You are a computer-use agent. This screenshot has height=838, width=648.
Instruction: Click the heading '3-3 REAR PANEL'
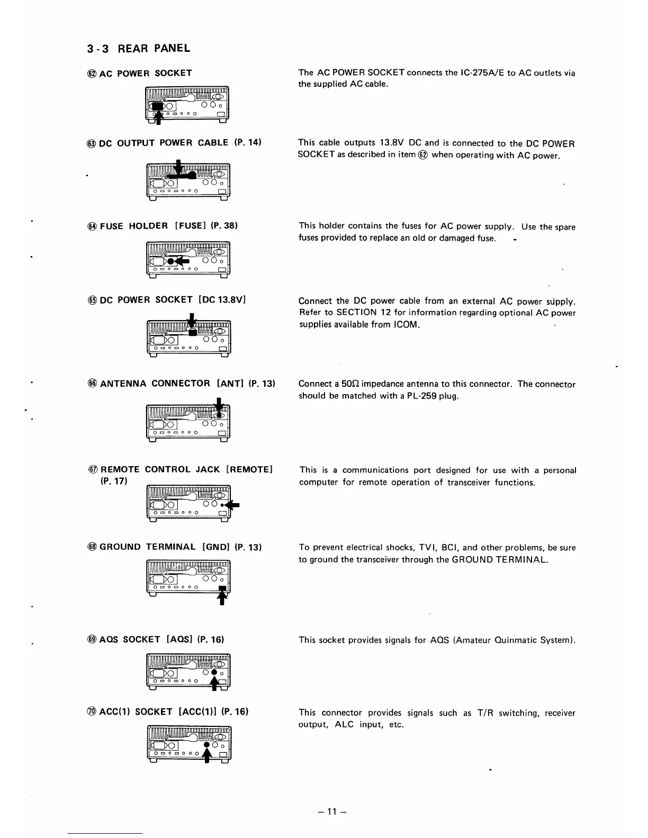pyautogui.click(x=138, y=49)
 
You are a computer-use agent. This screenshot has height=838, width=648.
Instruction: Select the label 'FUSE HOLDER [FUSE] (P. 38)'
pyautogui.click(x=168, y=226)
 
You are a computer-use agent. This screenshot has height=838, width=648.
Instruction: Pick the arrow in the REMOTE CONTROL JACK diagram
pyautogui.click(x=233, y=505)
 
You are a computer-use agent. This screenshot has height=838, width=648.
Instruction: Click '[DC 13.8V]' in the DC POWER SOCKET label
pyautogui.click(x=221, y=300)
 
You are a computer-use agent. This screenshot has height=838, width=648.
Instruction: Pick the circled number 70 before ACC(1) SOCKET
pyautogui.click(x=91, y=712)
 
